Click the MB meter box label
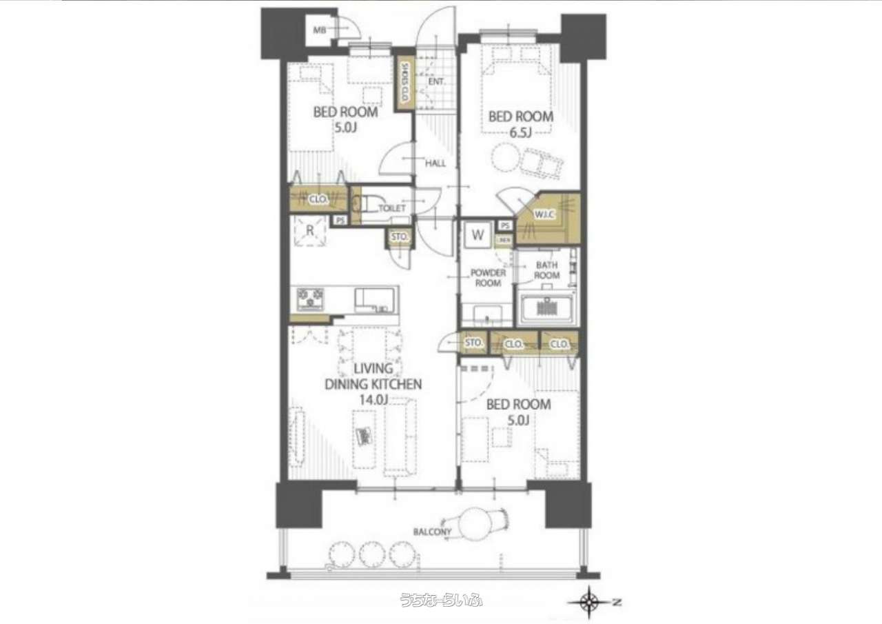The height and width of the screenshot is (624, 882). [x=319, y=30]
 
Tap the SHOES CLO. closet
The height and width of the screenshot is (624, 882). [x=404, y=82]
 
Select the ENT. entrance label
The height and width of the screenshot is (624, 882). [x=436, y=81]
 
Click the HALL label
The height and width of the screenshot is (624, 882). [x=435, y=163]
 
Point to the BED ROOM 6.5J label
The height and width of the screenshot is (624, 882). [x=520, y=124]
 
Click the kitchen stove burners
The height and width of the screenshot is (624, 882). [x=311, y=299]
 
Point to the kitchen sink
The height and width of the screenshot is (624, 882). [x=376, y=299]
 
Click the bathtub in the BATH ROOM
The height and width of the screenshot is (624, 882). [x=548, y=308]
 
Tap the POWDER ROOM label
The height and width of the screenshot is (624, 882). [x=488, y=278]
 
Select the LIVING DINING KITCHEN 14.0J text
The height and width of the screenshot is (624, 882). [x=373, y=385]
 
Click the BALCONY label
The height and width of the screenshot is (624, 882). [x=432, y=532]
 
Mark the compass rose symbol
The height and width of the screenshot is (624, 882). [x=589, y=602]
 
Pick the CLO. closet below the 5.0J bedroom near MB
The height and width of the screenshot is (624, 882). [x=318, y=199]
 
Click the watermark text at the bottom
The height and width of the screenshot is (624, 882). [x=441, y=600]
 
